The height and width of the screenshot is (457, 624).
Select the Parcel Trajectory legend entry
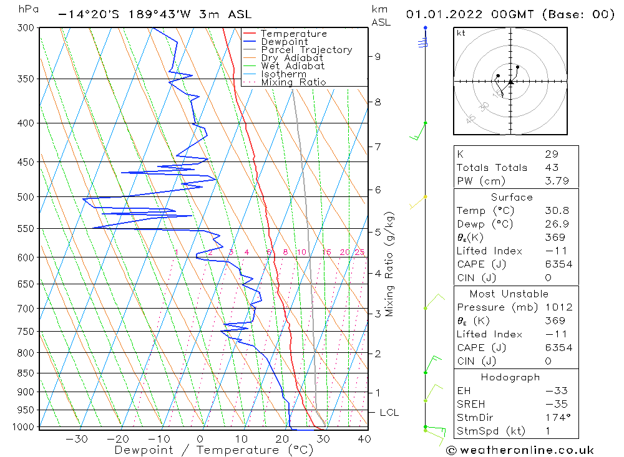306,50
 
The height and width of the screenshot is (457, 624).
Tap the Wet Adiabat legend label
293,66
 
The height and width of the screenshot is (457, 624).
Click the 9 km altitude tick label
378,57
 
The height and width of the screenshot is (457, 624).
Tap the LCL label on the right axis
389,413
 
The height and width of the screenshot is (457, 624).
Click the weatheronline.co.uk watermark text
525,450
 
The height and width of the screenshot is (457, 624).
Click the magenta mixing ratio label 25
359,252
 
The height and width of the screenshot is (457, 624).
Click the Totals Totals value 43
551,168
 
